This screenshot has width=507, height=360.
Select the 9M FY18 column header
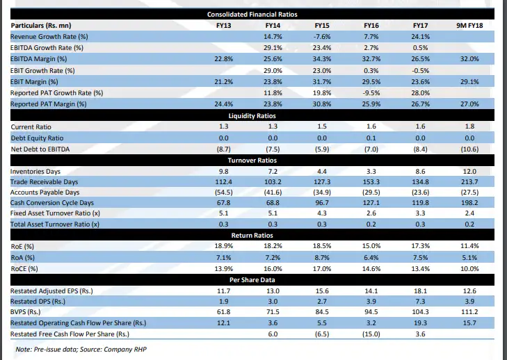[469, 25]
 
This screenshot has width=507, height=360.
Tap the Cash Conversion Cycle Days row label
[51, 202]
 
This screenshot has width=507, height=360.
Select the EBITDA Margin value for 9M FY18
[469, 59]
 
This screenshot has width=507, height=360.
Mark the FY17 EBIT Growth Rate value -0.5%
[420, 70]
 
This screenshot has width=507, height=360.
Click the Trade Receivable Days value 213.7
[469, 181]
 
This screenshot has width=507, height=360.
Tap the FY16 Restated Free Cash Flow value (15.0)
[371, 334]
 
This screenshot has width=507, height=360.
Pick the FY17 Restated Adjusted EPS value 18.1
[420, 291]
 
